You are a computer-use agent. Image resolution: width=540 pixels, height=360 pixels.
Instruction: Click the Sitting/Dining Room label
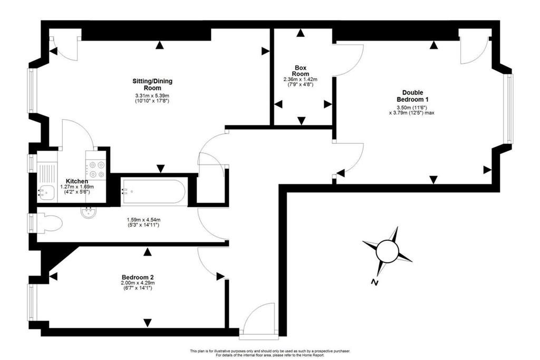coord(152,84)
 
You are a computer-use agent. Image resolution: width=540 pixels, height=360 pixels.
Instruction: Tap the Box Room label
coord(300,71)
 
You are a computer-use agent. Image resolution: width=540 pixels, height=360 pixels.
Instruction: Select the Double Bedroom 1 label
coord(412,96)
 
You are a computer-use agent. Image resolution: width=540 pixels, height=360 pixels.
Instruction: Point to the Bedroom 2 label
coord(138,277)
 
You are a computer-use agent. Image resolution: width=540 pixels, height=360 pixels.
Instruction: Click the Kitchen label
coord(77,181)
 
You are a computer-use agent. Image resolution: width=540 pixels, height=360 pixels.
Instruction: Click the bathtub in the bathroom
coord(153,192)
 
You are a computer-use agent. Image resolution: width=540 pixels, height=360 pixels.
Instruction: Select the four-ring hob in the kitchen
coord(97,169)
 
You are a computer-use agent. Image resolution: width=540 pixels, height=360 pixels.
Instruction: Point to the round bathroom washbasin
coord(89,212)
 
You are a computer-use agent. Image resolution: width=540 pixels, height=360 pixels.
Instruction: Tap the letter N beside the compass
coord(374,283)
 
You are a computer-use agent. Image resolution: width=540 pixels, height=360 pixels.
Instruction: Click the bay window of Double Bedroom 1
coord(509,109)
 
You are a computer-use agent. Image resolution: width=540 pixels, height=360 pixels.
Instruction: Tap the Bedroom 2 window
coord(32,302)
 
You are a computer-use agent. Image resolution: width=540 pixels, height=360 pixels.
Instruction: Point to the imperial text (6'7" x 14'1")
coord(138,288)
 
